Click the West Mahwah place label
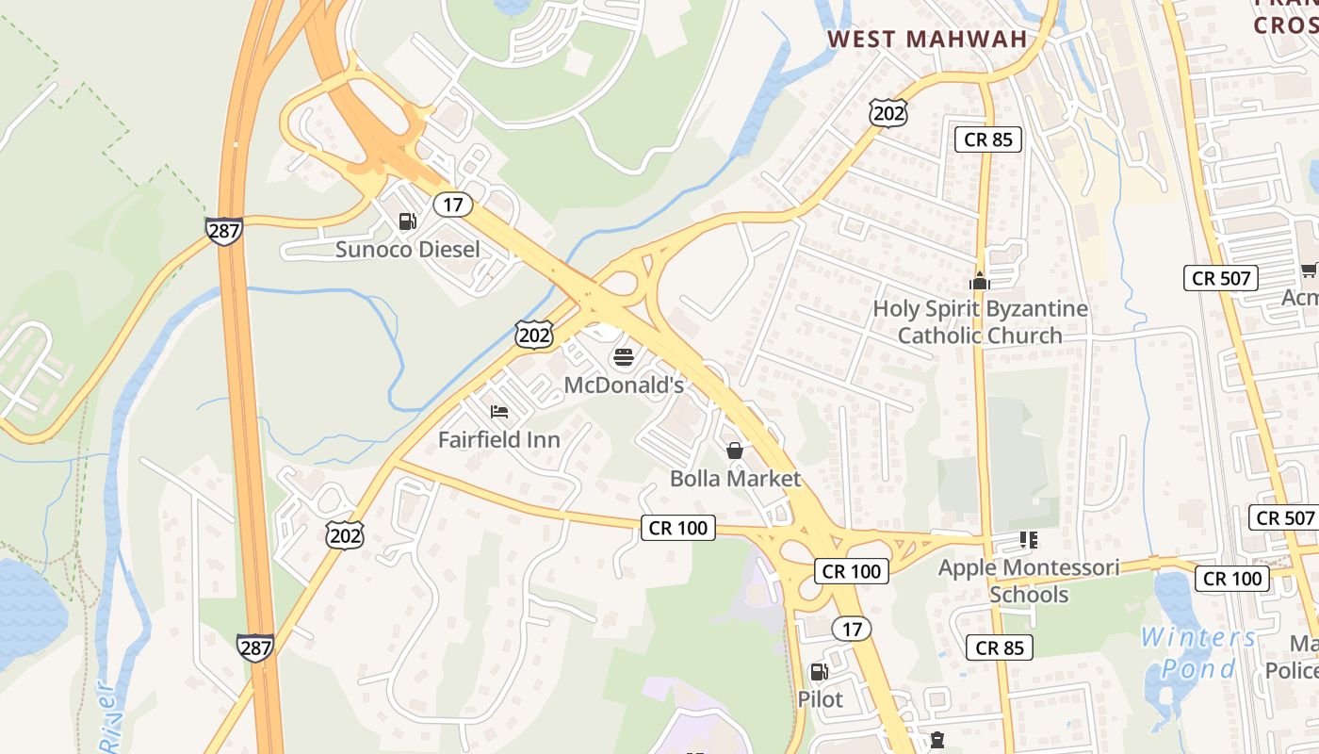(926, 39)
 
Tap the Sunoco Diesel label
(408, 250)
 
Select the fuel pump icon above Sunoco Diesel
(408, 221)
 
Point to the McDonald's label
(624, 385)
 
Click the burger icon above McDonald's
(624, 357)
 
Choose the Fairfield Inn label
(499, 439)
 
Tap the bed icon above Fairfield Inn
(499, 412)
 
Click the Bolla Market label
(735, 478)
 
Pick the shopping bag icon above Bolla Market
(735, 451)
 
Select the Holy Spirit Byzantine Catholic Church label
(980, 321)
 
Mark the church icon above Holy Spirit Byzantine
(980, 281)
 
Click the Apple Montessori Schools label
(1029, 581)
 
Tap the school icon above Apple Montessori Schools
(1029, 540)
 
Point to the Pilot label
(820, 699)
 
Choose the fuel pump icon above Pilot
(820, 672)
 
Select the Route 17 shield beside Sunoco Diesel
(453, 204)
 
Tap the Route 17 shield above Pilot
(852, 629)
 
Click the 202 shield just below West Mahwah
(888, 113)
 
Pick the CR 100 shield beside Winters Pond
(1232, 578)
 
